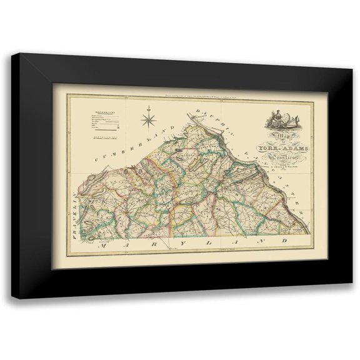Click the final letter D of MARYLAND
[x=284, y=238]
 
